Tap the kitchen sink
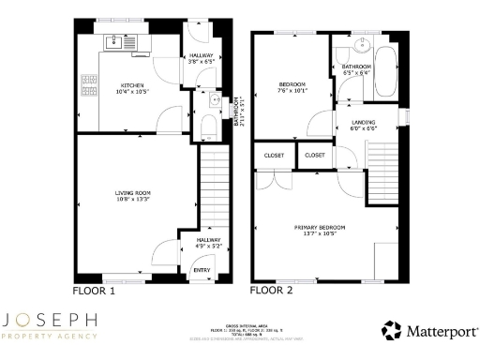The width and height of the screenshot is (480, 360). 119,42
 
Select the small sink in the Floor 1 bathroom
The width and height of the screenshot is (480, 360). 215,100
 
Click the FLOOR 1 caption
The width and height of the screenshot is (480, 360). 94,292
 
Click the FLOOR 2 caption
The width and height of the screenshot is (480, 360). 271,292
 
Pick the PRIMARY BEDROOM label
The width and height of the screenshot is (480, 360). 320,227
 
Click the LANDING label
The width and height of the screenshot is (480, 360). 364,122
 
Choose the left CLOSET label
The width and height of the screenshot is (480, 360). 274,155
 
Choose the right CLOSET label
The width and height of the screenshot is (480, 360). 315,155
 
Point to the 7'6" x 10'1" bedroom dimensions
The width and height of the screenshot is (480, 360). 292,92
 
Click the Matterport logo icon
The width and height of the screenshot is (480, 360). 391,330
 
